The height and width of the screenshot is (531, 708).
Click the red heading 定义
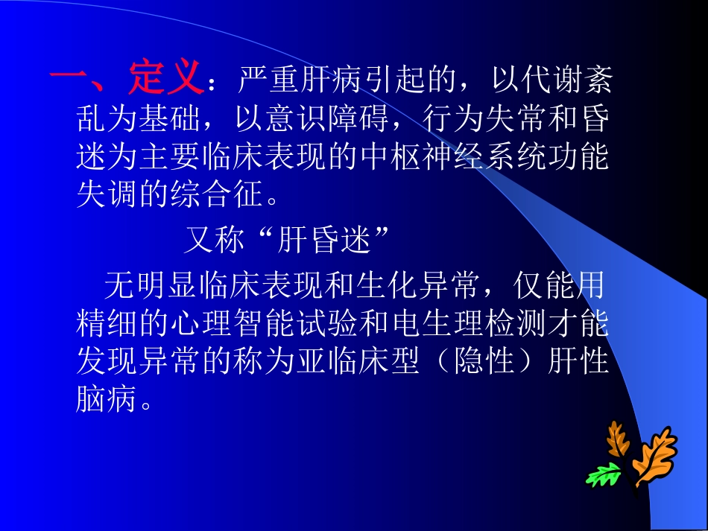[x=165, y=77]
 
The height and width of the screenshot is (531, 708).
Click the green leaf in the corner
[x=604, y=474]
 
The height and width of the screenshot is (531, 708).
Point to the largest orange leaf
[x=654, y=456]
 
